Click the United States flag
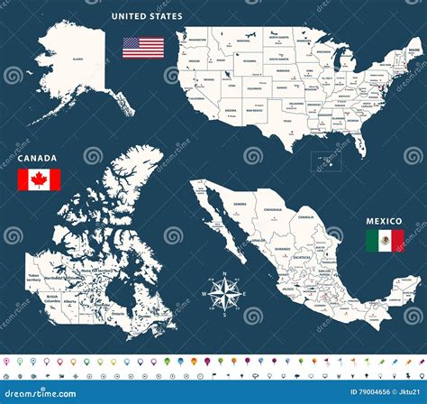(x=143, y=47)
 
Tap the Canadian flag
(x=39, y=179)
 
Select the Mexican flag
(x=385, y=240)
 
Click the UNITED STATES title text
(x=147, y=16)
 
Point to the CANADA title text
(x=37, y=158)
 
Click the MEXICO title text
(x=383, y=220)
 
